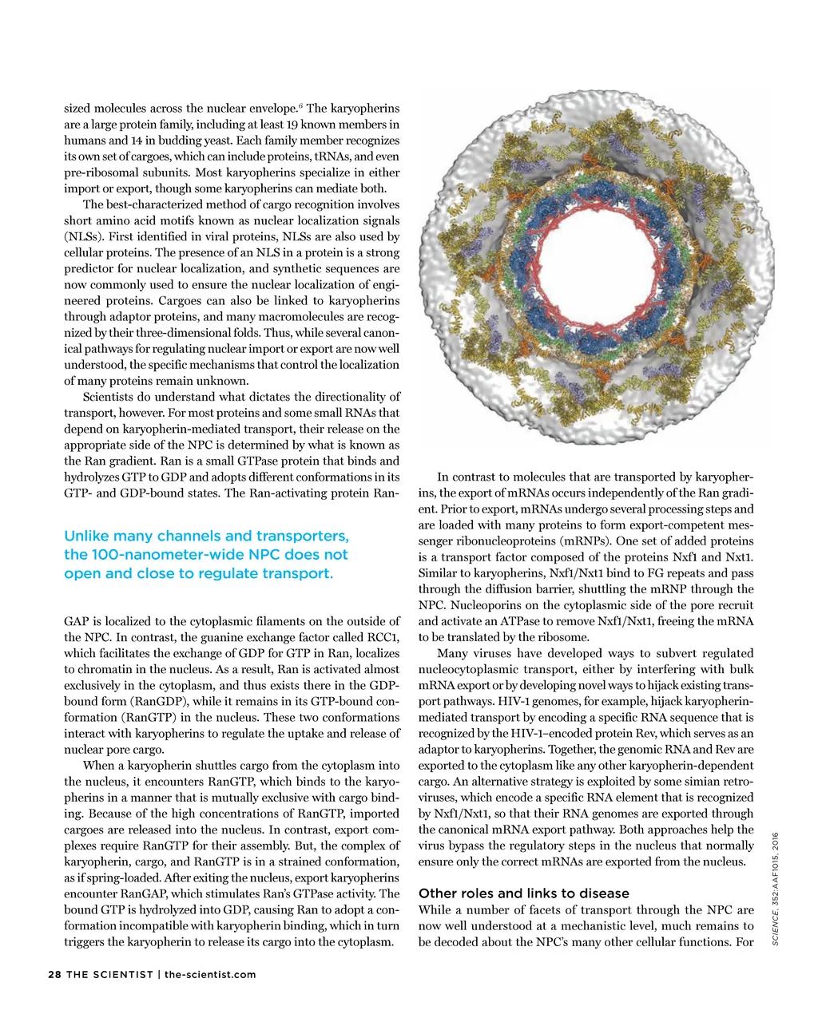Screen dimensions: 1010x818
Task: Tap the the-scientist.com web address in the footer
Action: pyautogui.click(x=210, y=974)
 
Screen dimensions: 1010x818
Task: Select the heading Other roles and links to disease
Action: pyautogui.click(x=523, y=893)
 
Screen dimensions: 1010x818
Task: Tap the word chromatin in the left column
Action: pyautogui.click(x=90, y=669)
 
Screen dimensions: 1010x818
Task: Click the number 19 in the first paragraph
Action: pyautogui.click(x=293, y=125)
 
